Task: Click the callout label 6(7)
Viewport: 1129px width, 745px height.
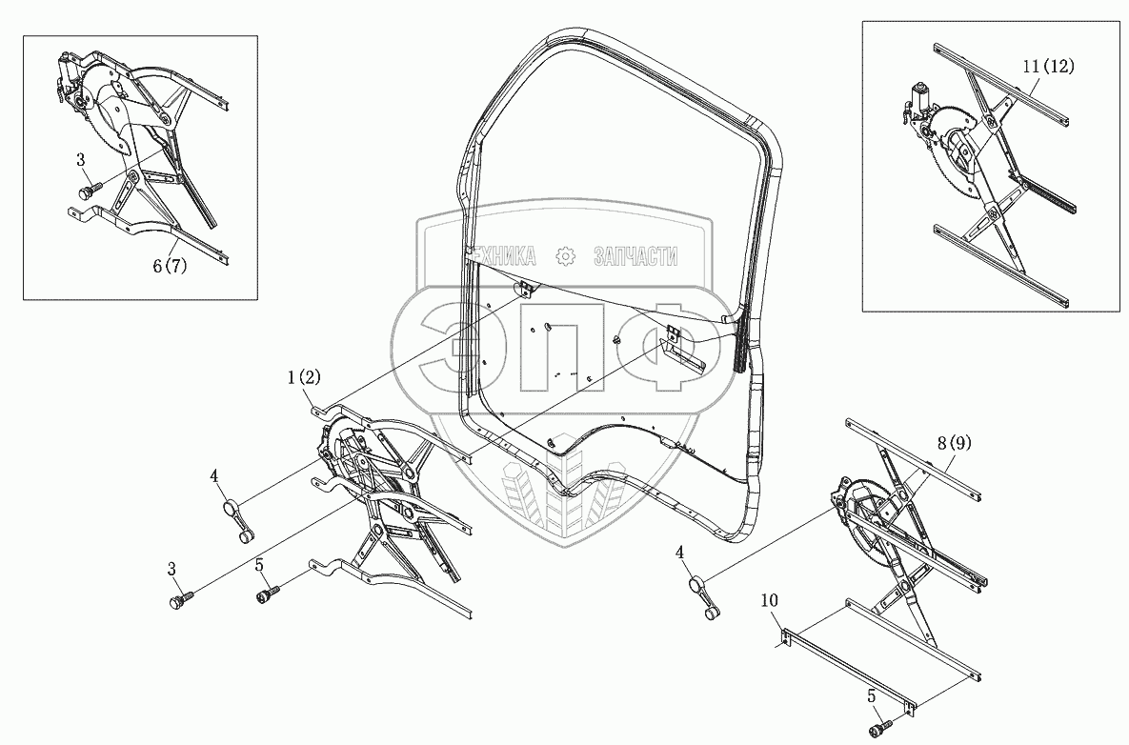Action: point(170,266)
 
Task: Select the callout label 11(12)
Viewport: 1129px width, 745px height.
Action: point(1048,67)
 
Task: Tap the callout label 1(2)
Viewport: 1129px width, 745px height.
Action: point(303,376)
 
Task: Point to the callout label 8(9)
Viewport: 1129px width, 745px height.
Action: point(954,443)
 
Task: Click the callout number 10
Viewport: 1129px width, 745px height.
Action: point(769,599)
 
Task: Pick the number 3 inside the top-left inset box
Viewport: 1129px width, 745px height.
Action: point(81,159)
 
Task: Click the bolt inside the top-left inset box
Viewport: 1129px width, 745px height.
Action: point(89,189)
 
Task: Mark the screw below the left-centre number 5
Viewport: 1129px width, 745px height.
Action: point(269,594)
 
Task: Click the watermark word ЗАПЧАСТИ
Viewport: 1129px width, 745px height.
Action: point(636,255)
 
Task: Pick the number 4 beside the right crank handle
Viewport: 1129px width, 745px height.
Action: point(679,553)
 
